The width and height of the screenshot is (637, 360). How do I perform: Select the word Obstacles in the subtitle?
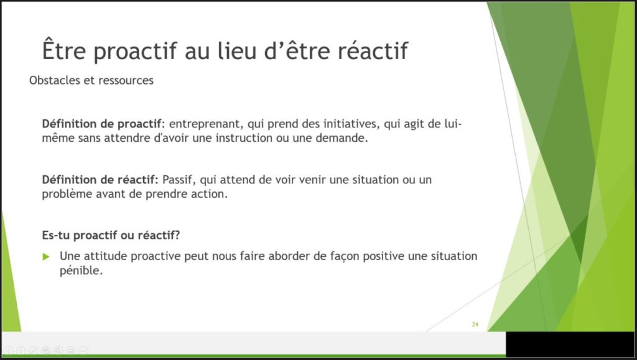[55, 80]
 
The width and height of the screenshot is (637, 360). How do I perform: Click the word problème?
[67, 194]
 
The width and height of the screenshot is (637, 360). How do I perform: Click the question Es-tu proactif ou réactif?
[111, 236]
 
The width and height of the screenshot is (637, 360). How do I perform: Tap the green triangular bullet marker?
[46, 257]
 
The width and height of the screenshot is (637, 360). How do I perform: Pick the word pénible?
[81, 270]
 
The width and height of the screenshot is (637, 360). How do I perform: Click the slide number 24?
[475, 325]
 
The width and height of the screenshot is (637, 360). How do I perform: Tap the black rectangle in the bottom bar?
[570, 344]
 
